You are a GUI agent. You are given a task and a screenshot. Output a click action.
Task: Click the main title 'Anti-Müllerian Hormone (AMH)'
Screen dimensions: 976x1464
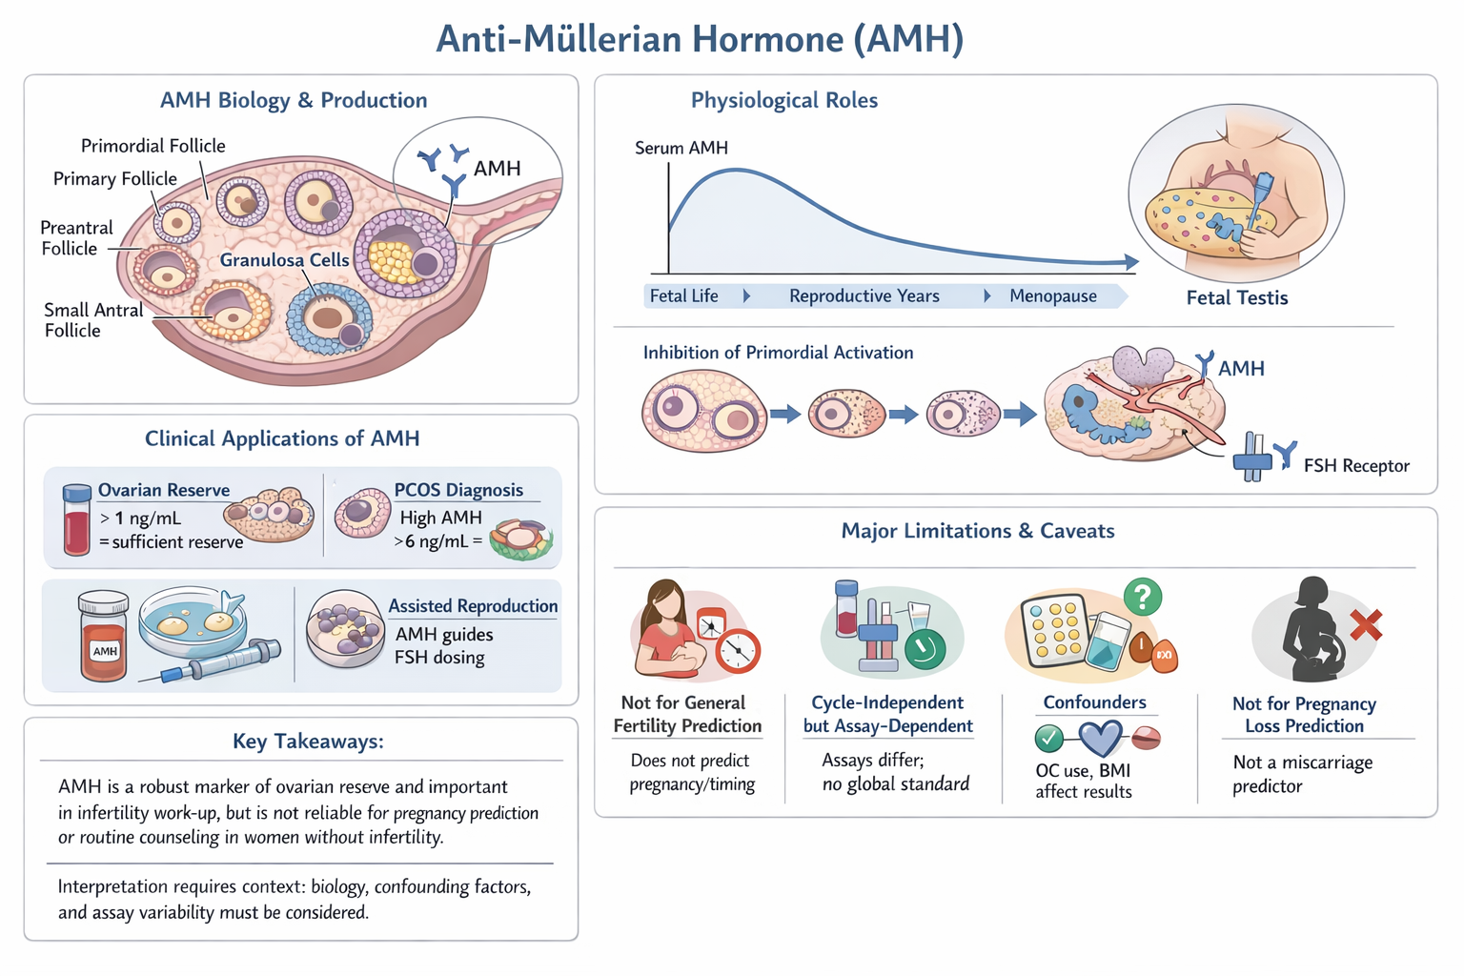(700, 40)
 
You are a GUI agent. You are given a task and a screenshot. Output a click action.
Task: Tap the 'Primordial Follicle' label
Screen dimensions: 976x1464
(152, 146)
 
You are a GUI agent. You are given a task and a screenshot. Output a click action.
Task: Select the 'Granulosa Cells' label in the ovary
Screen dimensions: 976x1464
(284, 260)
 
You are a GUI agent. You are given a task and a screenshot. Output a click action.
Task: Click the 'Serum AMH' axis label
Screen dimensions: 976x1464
(681, 148)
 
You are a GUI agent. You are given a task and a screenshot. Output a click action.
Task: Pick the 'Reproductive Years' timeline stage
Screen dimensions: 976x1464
(864, 296)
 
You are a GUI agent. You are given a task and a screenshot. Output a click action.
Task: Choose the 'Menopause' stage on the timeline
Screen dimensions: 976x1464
(1052, 296)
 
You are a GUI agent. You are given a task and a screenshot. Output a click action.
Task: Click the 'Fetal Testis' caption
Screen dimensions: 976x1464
(1236, 298)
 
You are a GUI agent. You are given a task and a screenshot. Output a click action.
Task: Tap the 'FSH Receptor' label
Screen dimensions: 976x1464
(1355, 466)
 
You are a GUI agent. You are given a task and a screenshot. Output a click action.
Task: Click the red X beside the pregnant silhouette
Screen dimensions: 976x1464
(1366, 625)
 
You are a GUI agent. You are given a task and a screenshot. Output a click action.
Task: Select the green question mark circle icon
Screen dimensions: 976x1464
(1142, 598)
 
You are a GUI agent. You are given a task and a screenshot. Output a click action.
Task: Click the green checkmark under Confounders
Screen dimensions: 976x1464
(1048, 738)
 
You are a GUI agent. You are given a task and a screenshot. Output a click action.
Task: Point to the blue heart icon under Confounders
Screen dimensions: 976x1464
(1100, 737)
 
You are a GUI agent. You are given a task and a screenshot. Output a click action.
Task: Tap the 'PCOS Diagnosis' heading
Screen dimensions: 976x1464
(458, 490)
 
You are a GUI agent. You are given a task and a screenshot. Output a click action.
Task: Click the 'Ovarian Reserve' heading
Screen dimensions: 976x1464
(164, 490)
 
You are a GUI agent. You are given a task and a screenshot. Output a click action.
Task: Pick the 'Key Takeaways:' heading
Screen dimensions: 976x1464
(308, 742)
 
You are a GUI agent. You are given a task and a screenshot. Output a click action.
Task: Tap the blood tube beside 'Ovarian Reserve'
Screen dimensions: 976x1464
(76, 519)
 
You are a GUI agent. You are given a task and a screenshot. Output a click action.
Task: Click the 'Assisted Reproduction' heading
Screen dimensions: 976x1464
(473, 606)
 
